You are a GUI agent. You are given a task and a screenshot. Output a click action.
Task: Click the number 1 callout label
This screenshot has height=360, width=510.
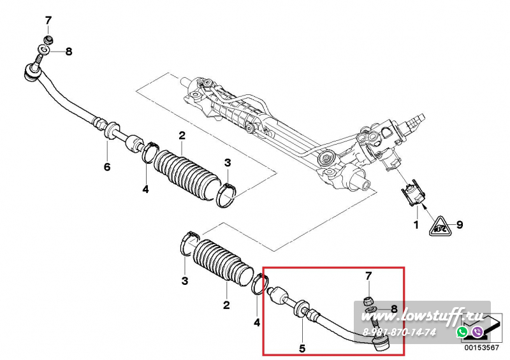tap(416, 224)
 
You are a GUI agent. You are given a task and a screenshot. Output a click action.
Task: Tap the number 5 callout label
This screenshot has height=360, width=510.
tap(302, 349)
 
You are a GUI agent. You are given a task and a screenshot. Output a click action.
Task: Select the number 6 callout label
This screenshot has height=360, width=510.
tap(107, 167)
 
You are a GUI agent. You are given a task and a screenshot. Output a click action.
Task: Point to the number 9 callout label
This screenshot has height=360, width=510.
tap(459, 224)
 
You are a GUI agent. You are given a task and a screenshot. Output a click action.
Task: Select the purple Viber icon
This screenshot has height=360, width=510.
tap(477, 332)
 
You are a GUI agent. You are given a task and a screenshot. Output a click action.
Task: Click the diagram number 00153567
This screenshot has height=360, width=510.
tap(481, 348)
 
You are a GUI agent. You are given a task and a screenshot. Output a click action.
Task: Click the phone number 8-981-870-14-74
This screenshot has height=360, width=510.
tap(399, 333)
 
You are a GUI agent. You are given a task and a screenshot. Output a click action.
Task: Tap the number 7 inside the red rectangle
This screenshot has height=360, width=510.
tap(368, 276)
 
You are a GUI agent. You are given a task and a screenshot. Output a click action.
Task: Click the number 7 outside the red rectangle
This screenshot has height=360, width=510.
tap(48, 21)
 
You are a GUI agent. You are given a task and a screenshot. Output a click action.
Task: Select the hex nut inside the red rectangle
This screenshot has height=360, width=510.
tap(368, 301)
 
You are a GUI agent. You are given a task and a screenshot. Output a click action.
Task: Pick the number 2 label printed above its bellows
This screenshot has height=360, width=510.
tap(182, 135)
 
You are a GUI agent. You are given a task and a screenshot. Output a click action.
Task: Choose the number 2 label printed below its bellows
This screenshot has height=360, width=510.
tap(226, 305)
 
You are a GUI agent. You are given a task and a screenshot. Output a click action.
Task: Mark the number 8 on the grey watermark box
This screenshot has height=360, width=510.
tap(394, 308)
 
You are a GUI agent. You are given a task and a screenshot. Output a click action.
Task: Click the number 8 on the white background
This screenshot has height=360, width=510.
tap(69, 52)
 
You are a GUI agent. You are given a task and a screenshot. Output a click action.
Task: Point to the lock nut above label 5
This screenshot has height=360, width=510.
tap(310, 313)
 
